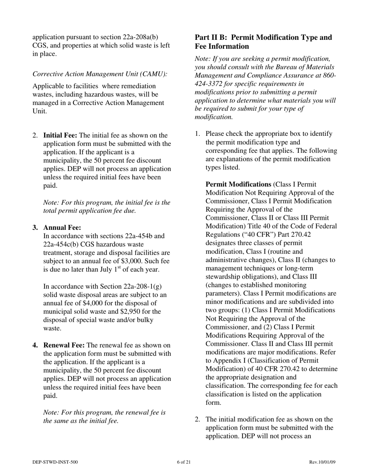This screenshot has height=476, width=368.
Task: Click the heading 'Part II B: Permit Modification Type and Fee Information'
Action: (263, 42)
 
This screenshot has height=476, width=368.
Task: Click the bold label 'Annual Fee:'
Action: (62, 228)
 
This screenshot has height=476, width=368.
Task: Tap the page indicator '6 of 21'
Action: (184, 462)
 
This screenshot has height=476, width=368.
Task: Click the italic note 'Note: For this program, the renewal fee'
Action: (104, 413)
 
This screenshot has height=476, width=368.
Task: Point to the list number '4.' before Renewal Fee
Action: (35, 345)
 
